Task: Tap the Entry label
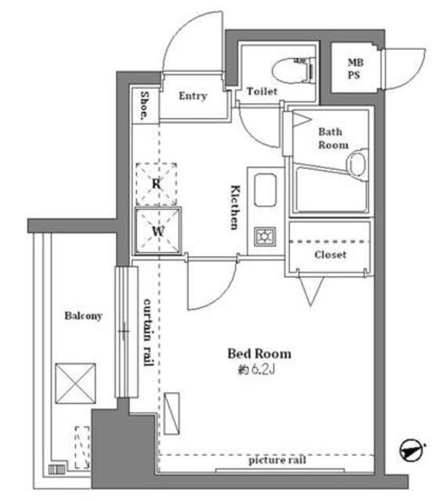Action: point(193,96)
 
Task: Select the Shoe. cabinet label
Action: point(145,106)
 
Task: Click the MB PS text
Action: point(355,68)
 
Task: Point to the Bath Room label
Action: point(333,139)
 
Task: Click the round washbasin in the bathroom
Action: point(357,164)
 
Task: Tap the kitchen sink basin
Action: point(265,189)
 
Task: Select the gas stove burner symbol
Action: point(265,236)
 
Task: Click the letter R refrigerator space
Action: point(157,184)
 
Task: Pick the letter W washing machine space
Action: point(158,231)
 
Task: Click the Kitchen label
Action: point(236,207)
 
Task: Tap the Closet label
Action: point(330,254)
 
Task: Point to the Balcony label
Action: point(84,315)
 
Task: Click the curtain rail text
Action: point(148,332)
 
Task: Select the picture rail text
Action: point(277,460)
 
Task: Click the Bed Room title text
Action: point(259,354)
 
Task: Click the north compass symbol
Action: point(412,451)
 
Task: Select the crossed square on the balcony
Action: point(75,384)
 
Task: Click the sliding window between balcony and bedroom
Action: point(126,331)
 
